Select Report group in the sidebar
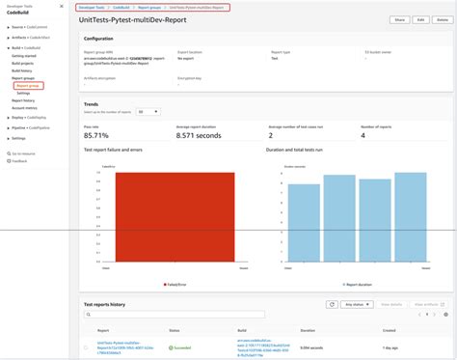click(27, 86)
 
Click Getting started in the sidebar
click(25, 57)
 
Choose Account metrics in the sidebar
click(26, 107)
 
